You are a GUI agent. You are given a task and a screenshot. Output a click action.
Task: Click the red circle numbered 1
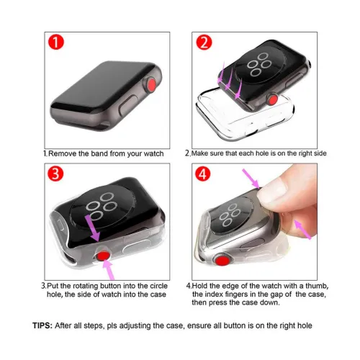click(56, 42)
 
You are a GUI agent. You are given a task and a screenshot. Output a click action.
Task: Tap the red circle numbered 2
click(204, 42)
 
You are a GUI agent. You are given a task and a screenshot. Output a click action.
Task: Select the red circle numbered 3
click(55, 174)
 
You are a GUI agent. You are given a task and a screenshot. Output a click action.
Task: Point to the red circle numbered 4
click(203, 174)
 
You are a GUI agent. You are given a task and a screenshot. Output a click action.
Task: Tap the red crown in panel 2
click(273, 99)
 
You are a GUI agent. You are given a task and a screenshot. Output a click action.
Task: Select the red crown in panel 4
click(222, 261)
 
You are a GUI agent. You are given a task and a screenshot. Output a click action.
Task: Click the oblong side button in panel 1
click(127, 106)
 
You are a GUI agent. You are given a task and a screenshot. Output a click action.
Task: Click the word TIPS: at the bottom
click(42, 325)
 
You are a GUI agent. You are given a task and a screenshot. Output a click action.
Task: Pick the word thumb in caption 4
click(317, 286)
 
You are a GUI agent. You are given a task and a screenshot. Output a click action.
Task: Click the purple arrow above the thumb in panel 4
click(251, 179)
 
